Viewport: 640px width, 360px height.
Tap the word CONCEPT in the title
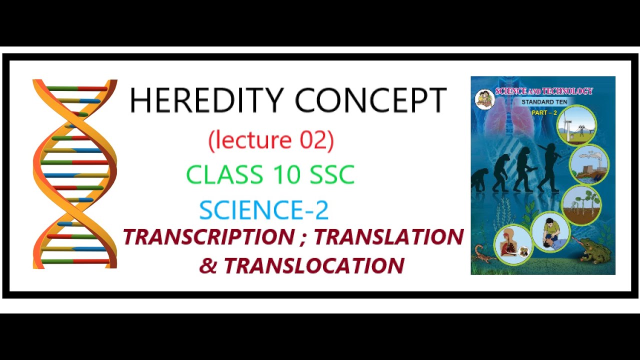[x=370, y=100]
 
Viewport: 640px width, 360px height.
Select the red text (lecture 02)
[x=270, y=140]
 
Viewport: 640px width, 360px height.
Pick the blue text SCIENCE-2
[x=264, y=210]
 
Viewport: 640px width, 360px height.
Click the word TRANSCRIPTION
[x=208, y=237]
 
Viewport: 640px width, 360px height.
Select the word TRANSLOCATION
[x=313, y=266]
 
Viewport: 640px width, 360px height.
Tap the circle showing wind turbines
[x=576, y=125]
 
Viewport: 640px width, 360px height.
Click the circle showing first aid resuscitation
[x=550, y=231]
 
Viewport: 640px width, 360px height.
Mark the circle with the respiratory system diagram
[x=512, y=244]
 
